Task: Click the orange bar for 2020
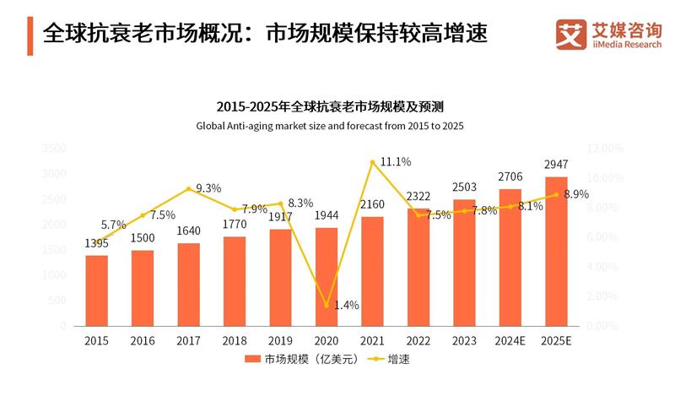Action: pos(327,276)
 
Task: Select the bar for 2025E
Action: pos(556,251)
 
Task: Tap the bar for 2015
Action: pos(97,290)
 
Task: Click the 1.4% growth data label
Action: pos(347,305)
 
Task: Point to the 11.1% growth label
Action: pos(395,161)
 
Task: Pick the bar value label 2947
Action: pos(556,164)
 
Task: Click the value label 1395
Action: pos(97,243)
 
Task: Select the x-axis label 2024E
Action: pos(510,340)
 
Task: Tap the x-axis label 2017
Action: pos(189,340)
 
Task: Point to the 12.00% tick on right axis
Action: pos(605,148)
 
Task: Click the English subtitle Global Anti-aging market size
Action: pos(330,126)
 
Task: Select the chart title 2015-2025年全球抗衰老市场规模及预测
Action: pos(330,107)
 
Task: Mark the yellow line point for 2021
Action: pos(372,162)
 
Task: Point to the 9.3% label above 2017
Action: pos(208,188)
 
